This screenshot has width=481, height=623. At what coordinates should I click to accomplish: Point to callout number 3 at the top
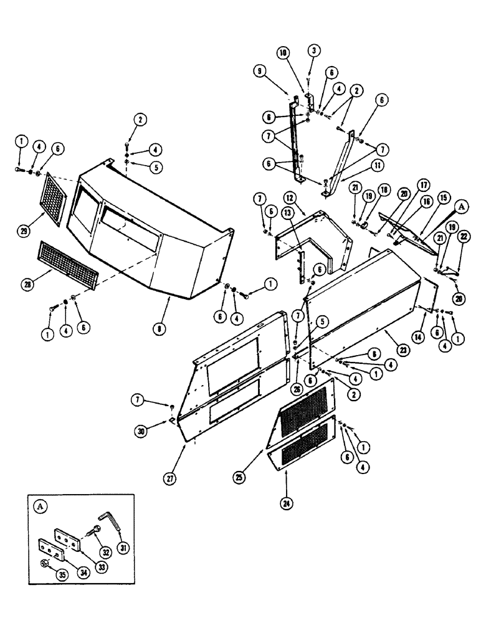point(315,49)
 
